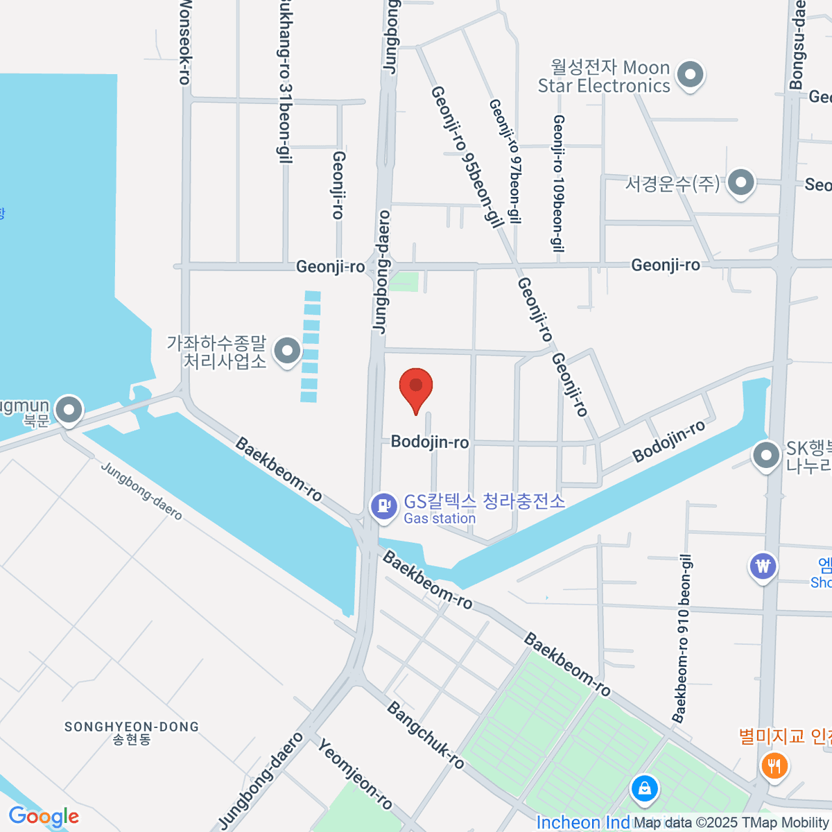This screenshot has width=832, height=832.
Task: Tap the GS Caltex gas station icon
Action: point(383,505)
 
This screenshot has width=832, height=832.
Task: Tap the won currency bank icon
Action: point(763,566)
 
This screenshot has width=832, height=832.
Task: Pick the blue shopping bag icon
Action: point(645,789)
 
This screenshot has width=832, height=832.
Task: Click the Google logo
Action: point(44,817)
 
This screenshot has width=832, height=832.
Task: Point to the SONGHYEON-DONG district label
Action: point(132,727)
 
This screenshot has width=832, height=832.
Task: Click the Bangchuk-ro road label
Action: point(425,736)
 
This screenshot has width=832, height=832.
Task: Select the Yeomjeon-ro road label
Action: point(355,774)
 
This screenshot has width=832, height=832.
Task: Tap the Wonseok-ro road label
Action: point(184,42)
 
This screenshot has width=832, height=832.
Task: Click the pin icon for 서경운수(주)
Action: point(741,183)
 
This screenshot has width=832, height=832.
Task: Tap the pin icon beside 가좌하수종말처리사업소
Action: point(286,351)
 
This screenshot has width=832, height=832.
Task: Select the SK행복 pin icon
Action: point(766,456)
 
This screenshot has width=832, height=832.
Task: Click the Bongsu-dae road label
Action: point(798,45)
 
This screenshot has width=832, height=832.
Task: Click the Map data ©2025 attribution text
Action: point(731,823)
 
